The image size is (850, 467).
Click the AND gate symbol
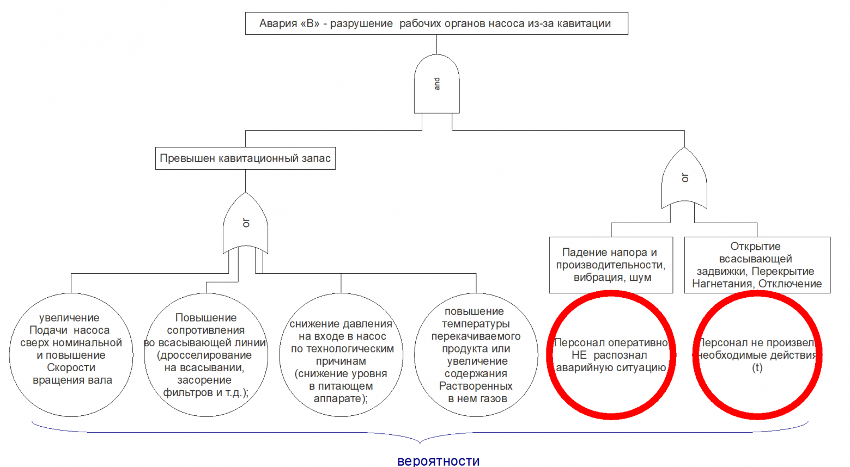tap(436, 84)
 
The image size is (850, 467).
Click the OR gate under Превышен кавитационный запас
tap(245, 223)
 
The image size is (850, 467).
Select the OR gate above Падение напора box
tap(684, 178)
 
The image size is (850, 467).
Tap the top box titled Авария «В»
tap(436, 23)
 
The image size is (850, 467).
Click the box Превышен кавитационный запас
tap(245, 158)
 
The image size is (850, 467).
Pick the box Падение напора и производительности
tap(611, 265)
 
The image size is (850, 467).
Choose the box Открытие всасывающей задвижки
tap(757, 265)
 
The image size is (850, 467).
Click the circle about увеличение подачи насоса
tap(71, 355)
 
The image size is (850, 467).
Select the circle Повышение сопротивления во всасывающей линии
tap(206, 355)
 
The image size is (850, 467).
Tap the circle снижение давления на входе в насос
tap(341, 355)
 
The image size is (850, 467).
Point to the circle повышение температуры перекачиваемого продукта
tap(476, 355)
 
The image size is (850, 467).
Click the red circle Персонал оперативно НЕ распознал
tap(611, 355)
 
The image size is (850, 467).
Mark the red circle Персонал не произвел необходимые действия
tap(757, 355)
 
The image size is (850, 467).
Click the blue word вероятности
tap(439, 461)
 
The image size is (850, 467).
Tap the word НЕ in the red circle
tap(579, 355)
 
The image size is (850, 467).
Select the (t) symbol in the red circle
tap(757, 368)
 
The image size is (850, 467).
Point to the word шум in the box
tap(640, 278)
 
